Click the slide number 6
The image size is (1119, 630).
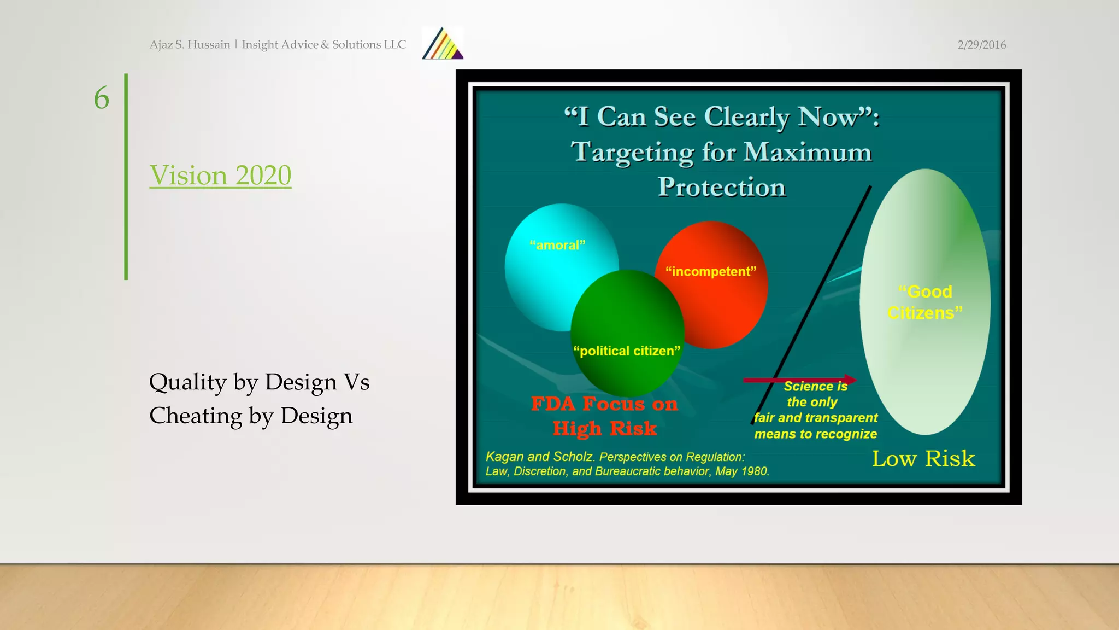[102, 98]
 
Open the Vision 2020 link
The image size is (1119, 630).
[220, 176]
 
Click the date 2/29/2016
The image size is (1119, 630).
[981, 45]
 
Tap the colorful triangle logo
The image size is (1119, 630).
[443, 44]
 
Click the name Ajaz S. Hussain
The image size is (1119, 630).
[190, 45]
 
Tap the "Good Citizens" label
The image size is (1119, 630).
[924, 302]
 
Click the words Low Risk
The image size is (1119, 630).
[923, 458]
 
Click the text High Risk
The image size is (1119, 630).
[604, 429]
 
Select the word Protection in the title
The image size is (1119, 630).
[721, 187]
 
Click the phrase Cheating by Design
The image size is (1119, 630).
[251, 416]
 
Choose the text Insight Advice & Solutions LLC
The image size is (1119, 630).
[323, 45]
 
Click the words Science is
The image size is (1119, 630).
[815, 387]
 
